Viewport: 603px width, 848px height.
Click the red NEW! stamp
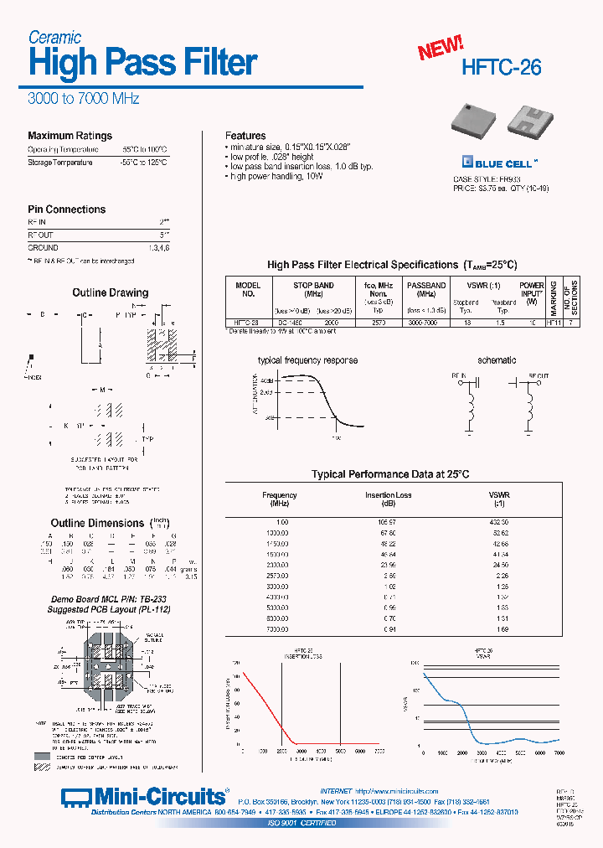click(x=441, y=49)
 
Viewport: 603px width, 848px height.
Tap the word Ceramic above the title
click(x=54, y=37)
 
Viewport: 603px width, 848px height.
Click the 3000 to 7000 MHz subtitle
click(x=83, y=98)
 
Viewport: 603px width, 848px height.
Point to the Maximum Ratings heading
click(x=70, y=136)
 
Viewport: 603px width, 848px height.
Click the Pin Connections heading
click(x=66, y=209)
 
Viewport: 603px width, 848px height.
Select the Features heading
click(x=245, y=136)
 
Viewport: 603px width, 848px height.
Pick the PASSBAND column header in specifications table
click(x=426, y=285)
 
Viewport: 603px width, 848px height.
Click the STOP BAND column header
click(x=314, y=285)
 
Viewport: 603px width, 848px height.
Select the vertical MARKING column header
click(x=554, y=297)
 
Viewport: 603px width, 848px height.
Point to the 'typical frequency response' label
click(x=307, y=360)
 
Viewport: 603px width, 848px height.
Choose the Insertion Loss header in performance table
click(x=388, y=495)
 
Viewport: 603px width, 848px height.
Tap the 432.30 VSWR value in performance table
click(x=500, y=522)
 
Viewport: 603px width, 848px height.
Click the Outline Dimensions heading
click(x=98, y=523)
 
